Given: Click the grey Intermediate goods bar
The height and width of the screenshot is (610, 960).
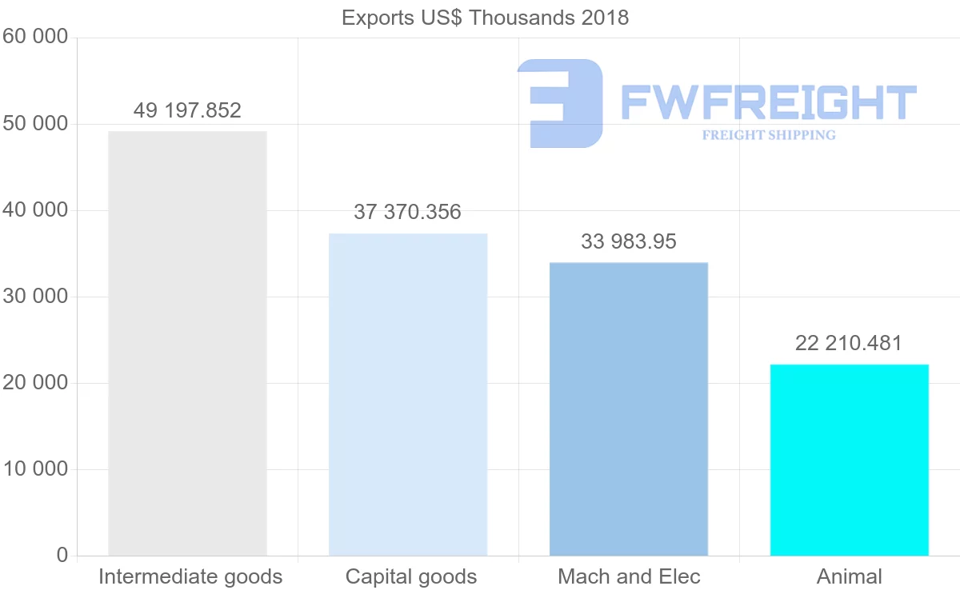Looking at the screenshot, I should coord(187,343).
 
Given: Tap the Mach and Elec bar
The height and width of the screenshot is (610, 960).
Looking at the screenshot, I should coord(629,409).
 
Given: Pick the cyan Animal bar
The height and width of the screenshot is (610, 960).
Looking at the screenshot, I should coord(850,460).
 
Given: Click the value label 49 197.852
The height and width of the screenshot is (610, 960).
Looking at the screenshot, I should coord(187,110).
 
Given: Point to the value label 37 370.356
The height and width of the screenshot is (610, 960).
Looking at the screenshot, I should coord(408,213).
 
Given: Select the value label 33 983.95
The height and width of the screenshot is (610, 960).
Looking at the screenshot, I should coord(629,241).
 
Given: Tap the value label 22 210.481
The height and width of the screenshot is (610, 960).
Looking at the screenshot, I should coord(849,344).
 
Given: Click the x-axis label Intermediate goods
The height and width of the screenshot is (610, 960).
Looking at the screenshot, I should coord(190,576).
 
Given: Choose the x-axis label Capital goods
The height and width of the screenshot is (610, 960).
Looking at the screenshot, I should coord(411,576).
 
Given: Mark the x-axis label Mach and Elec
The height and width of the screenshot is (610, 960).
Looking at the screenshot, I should coord(629,576).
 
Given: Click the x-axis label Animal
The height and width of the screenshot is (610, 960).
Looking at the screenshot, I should coord(850,576).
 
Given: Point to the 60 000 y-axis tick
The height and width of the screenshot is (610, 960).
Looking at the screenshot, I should coord(35,38).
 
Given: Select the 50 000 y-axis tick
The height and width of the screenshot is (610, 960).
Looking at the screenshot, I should coord(35,124).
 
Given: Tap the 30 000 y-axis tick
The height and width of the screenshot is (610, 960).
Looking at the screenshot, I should coord(35,297).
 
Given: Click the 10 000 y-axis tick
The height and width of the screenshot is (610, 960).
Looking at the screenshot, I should coord(35,469).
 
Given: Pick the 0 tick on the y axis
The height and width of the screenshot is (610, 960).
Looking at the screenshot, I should coord(62,556).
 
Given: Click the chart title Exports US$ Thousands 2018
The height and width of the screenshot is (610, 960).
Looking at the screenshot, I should coord(485,18).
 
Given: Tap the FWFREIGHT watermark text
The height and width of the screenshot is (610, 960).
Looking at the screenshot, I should coord(768,102).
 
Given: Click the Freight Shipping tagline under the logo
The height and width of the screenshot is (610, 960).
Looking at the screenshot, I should coord(769,135).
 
